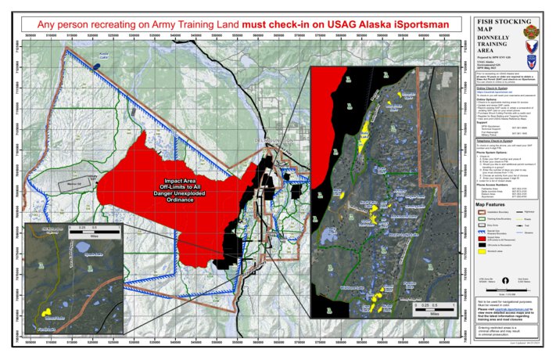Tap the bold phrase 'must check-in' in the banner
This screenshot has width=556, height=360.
tap(277, 24)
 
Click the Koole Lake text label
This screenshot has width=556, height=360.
tap(102, 56)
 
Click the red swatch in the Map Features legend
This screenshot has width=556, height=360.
tap(482, 221)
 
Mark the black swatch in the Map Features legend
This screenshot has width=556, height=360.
tap(482, 229)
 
